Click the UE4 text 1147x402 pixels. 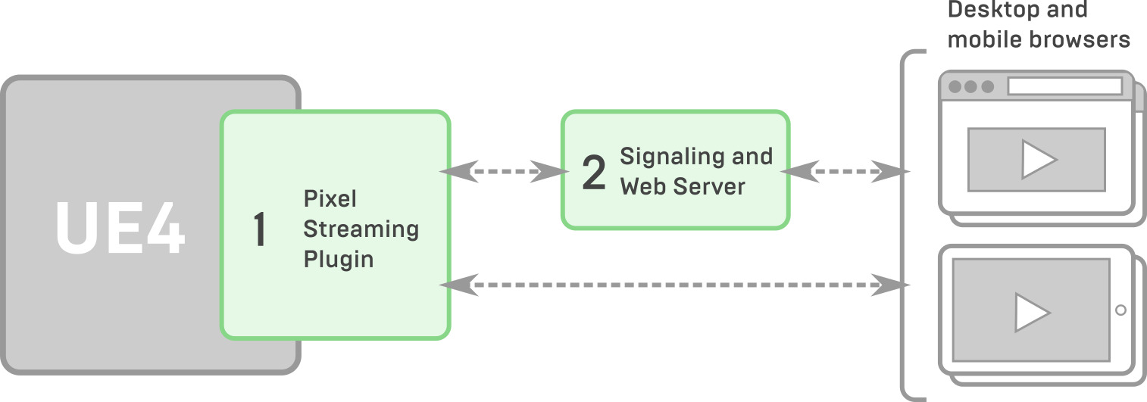[x=120, y=227]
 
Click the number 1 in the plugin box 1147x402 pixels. [x=260, y=230]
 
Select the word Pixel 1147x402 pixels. [x=330, y=199]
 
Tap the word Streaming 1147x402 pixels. [x=361, y=229]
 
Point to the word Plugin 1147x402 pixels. [x=339, y=259]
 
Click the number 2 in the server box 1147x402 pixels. [x=594, y=173]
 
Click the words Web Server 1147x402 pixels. [x=683, y=186]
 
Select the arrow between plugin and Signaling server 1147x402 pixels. [x=505, y=172]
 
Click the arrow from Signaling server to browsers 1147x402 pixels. [x=845, y=172]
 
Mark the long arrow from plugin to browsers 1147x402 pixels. [x=674, y=285]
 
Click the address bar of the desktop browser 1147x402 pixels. [x=1064, y=86]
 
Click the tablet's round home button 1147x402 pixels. [x=1120, y=310]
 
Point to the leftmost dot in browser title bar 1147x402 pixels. [x=955, y=86]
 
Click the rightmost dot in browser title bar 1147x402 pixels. [x=987, y=86]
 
